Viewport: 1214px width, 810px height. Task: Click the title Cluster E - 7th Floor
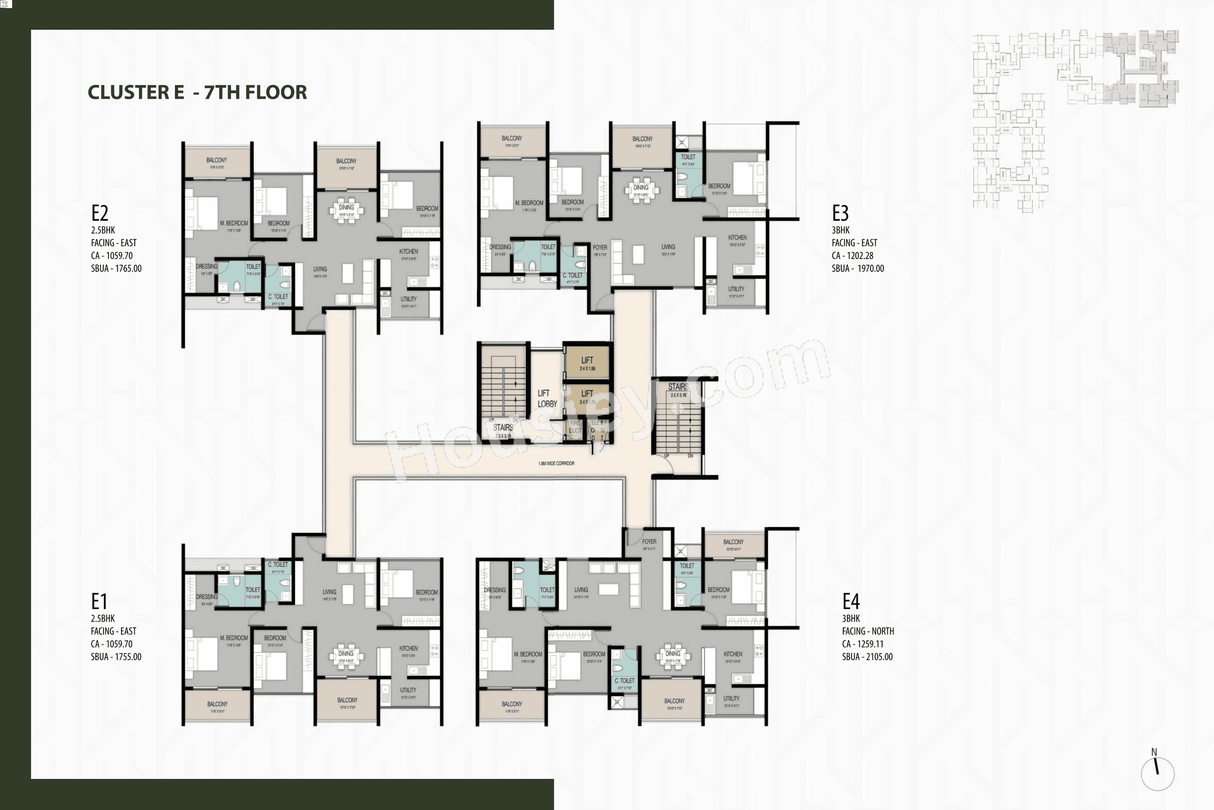(x=197, y=92)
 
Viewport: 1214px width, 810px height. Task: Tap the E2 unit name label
(x=100, y=213)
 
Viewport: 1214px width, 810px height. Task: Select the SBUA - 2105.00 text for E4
(x=867, y=657)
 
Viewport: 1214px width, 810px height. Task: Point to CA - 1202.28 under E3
(x=852, y=255)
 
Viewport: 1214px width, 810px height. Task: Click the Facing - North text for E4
(x=868, y=631)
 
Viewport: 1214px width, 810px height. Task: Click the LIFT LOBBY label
(x=547, y=398)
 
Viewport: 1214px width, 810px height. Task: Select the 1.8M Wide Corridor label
(x=556, y=463)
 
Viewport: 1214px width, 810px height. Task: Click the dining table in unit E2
(x=347, y=211)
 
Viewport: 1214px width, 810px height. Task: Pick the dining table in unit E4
(x=673, y=657)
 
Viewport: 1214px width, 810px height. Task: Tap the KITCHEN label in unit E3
(x=737, y=238)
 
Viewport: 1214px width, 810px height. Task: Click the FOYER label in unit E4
(x=649, y=541)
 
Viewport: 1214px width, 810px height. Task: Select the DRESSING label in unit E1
(x=206, y=597)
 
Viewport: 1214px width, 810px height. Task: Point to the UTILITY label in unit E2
(x=408, y=299)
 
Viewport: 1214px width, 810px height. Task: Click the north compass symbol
(x=1157, y=773)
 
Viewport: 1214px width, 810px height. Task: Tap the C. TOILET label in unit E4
(x=624, y=681)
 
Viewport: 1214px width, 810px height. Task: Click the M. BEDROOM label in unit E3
(x=529, y=203)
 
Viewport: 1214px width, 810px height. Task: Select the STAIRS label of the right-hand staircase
(x=678, y=386)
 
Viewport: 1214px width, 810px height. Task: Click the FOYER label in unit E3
(x=600, y=247)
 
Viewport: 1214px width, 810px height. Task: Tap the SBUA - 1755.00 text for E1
(x=116, y=657)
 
